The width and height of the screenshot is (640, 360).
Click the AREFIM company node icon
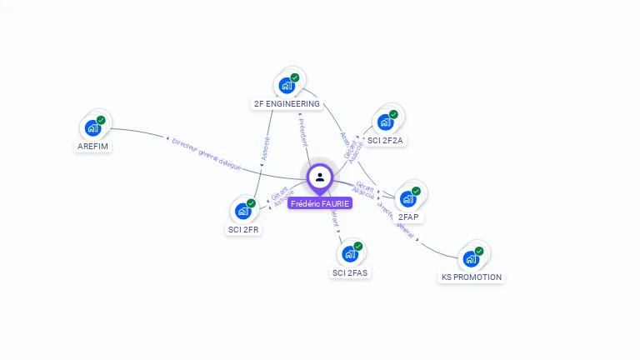click(x=92, y=129)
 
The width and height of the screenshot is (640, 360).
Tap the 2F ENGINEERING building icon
click(x=287, y=86)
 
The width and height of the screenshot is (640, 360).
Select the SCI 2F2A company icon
click(x=385, y=122)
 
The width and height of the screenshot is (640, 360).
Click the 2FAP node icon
click(x=407, y=199)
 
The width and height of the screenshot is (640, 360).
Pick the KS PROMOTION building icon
click(x=471, y=259)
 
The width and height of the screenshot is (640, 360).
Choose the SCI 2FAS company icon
click(x=350, y=254)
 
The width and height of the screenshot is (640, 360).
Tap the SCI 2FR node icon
click(x=242, y=211)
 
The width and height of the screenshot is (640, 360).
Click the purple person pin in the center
click(x=320, y=177)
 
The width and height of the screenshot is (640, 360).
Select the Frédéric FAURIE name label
click(x=320, y=203)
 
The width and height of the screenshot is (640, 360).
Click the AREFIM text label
click(x=93, y=147)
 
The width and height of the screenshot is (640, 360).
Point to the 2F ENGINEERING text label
click(x=287, y=104)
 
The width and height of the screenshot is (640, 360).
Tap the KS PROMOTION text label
click(x=472, y=277)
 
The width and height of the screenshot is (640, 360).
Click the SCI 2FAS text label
click(x=350, y=272)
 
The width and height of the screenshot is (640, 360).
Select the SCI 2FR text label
click(x=243, y=229)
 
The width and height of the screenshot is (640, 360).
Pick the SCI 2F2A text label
click(x=385, y=140)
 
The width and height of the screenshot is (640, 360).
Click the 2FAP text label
click(x=408, y=217)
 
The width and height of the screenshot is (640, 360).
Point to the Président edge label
click(x=303, y=132)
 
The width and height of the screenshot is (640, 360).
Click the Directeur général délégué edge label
click(x=206, y=154)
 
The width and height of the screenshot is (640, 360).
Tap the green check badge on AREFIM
click(x=101, y=121)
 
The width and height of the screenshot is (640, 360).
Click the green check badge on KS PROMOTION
click(x=479, y=251)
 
